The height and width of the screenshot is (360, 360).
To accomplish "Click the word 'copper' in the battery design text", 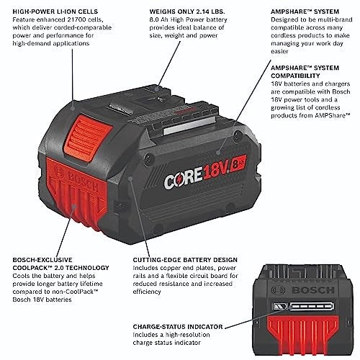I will [181, 267].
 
